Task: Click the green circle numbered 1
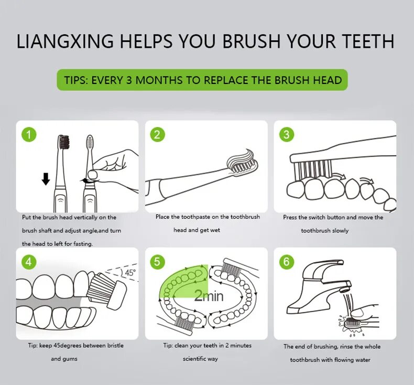(x=29, y=134)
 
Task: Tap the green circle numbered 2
(x=157, y=134)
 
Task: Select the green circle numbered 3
(x=287, y=134)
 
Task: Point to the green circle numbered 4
(x=29, y=262)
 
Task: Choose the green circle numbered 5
(x=157, y=262)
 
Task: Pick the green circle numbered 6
(x=287, y=262)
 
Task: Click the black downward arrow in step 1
(x=46, y=179)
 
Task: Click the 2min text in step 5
(x=209, y=296)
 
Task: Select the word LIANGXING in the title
(x=65, y=41)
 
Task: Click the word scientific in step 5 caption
(x=194, y=359)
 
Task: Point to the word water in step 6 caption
(x=363, y=360)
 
